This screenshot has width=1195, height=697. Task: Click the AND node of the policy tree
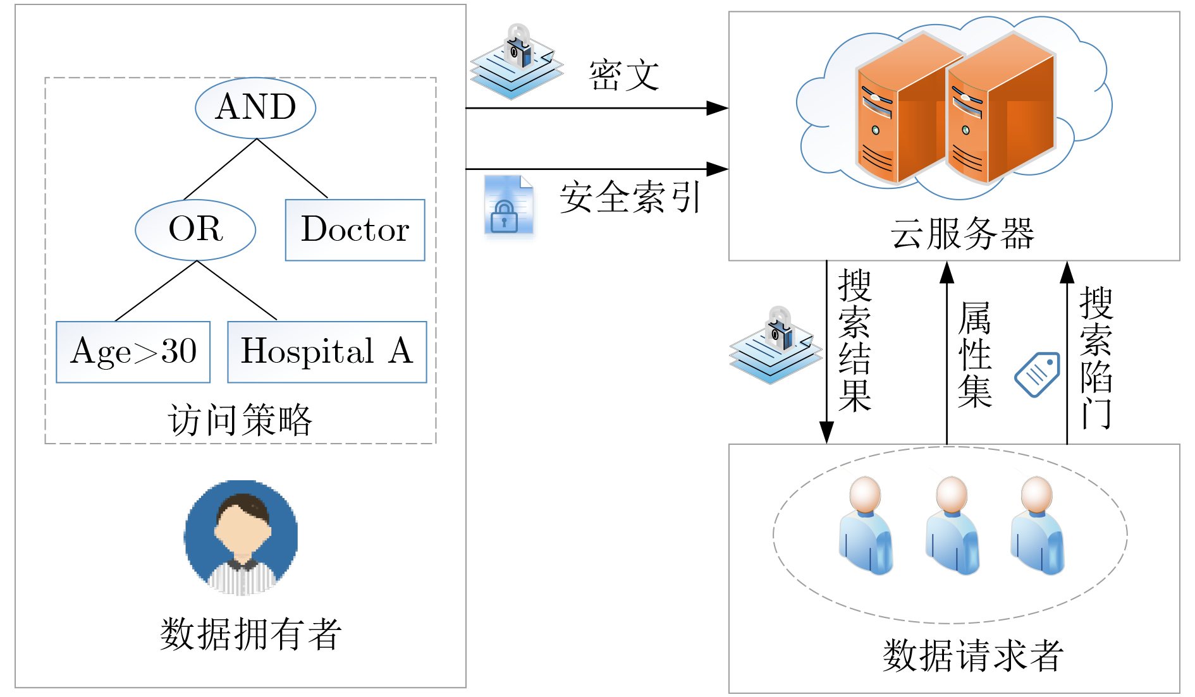[x=255, y=107]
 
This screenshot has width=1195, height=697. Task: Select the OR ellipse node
[x=195, y=229]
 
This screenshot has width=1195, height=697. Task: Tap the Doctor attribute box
[x=355, y=230]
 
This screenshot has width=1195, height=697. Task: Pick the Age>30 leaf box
[x=133, y=352]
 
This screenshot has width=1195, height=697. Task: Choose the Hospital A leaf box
[x=327, y=352]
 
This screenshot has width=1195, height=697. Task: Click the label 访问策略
[x=240, y=420]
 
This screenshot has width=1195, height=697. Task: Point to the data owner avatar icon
[x=241, y=537]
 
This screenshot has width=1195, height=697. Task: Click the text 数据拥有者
[x=251, y=634]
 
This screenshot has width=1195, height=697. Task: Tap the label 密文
[x=624, y=75]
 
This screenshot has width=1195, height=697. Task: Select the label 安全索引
[x=630, y=197]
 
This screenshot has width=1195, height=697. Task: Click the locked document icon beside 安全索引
[x=508, y=205]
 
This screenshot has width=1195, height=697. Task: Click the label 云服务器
[x=962, y=233]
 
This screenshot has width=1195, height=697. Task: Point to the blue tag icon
[x=1037, y=374]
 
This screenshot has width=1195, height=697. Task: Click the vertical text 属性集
[x=974, y=355]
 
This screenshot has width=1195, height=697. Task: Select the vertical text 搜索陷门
[x=1096, y=358]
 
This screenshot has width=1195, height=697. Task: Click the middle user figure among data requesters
[x=952, y=526]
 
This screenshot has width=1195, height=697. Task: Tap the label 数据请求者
[x=973, y=655]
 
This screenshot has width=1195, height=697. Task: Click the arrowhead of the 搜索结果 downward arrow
[x=826, y=433]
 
